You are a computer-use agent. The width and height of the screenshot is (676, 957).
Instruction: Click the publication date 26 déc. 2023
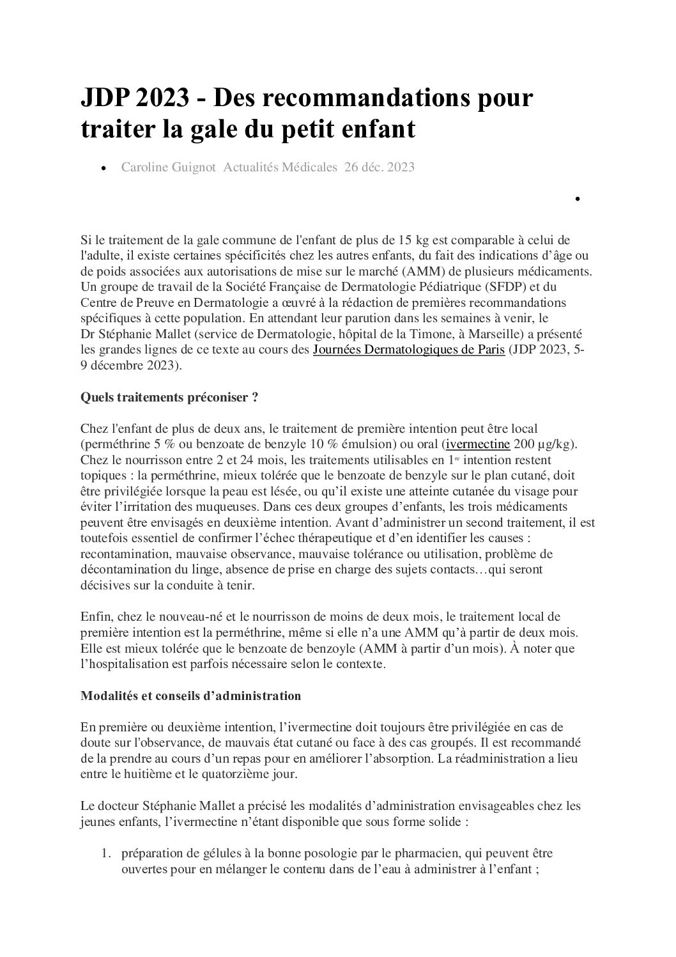[x=380, y=167]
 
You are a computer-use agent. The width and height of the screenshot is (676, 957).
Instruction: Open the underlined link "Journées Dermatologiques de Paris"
[x=409, y=350]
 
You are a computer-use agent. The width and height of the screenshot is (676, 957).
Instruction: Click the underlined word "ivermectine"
[x=478, y=444]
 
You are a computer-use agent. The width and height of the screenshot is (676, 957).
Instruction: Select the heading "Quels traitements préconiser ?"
[x=169, y=397]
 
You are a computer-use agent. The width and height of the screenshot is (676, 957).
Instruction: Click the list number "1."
[x=107, y=853]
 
